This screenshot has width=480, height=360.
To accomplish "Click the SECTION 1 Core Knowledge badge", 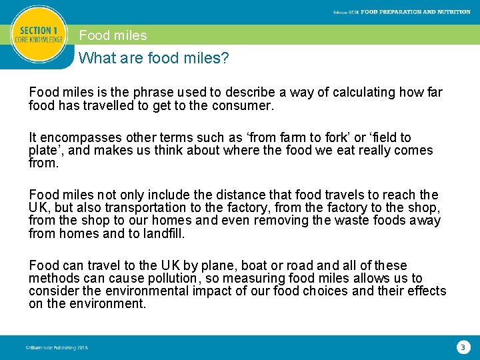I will pos(39,35).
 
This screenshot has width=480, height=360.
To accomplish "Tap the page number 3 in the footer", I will pos(463,347).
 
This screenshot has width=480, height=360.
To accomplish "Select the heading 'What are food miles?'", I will pos(154,59).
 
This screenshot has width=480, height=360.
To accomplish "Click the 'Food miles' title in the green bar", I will pos(113,35).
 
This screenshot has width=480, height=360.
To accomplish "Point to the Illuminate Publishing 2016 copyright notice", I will pos(56,347).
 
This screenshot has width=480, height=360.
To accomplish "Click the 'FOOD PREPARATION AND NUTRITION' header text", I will pos(415,12).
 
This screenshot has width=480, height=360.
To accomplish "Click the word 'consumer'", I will pos(241,105).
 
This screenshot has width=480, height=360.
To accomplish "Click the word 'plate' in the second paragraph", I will pos(46,151).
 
